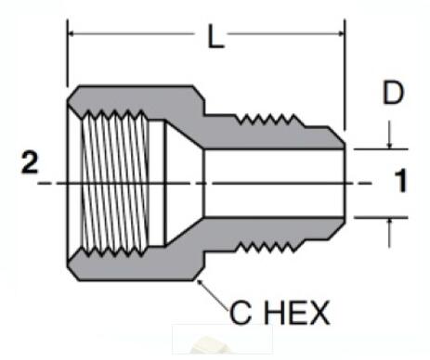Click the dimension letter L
[x=215, y=39]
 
